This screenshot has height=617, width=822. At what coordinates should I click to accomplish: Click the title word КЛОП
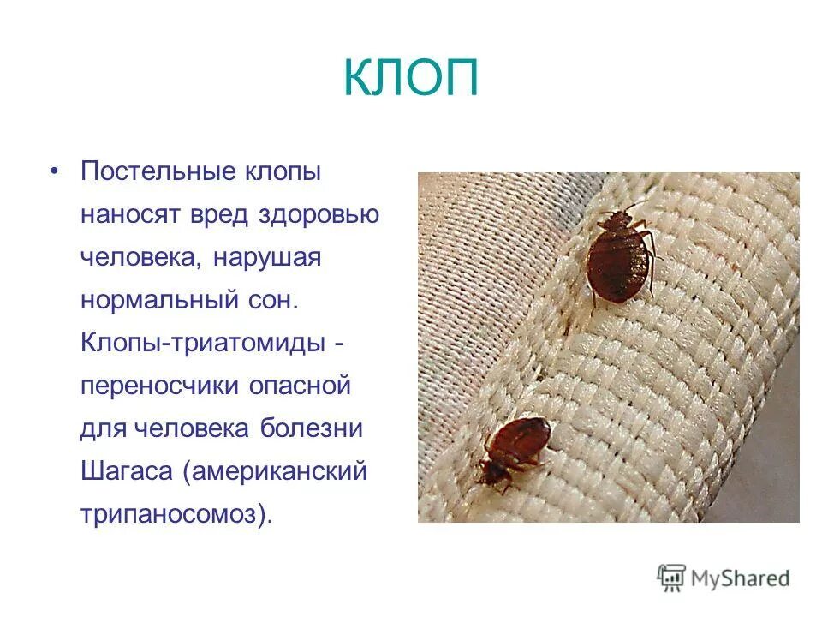click(x=410, y=80)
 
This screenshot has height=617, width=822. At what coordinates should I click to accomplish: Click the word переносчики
click(x=158, y=386)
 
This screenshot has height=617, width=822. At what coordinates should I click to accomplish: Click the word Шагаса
click(x=125, y=472)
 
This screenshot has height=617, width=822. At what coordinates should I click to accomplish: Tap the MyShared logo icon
click(x=672, y=578)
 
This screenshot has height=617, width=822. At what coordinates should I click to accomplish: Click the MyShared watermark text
click(x=742, y=578)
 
